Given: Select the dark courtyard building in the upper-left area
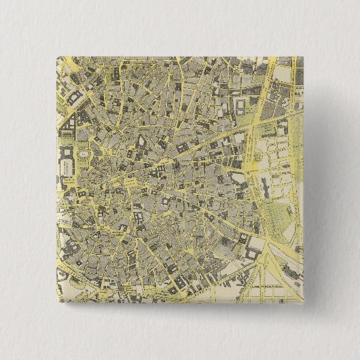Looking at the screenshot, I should [73, 93].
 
